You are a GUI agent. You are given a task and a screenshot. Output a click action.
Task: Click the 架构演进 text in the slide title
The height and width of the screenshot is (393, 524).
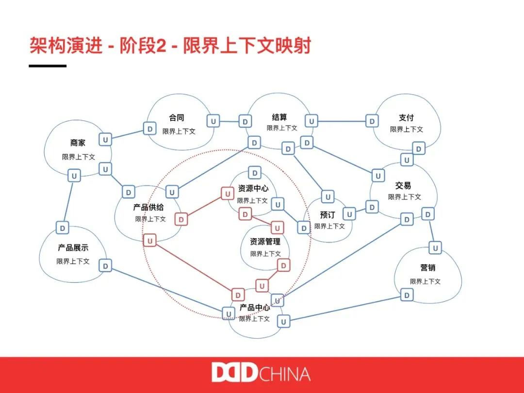[65, 46]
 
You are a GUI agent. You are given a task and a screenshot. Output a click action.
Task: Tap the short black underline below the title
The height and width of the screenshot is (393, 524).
[48, 65]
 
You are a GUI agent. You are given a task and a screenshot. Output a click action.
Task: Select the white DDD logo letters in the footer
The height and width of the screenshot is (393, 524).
[234, 373]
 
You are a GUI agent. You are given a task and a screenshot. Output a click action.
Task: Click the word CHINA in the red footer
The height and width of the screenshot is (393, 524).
[285, 374]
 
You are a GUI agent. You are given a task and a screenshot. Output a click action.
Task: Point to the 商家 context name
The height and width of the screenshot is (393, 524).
[78, 143]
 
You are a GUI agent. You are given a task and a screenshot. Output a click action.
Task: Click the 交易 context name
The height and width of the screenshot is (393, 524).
[403, 185]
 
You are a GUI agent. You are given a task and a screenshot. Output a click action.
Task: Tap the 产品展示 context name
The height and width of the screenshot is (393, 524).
[73, 248]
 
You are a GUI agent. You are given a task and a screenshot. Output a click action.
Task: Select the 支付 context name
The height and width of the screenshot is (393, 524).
[406, 118]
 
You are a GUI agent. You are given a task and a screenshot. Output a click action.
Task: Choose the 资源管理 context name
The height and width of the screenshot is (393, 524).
[265, 242]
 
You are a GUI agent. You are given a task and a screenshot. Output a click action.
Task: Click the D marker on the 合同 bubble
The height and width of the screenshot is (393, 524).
[150, 129]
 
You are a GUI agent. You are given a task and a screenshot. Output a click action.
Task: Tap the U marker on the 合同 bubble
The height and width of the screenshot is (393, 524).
[213, 120]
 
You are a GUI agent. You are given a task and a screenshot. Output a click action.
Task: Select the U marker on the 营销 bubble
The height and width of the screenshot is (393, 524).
[436, 248]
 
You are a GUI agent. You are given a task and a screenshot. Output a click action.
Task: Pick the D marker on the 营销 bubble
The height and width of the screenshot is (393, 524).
[407, 295]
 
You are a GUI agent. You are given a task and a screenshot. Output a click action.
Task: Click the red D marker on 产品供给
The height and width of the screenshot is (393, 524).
[181, 219]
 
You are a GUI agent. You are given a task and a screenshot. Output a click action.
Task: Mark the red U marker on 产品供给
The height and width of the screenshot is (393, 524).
[150, 241]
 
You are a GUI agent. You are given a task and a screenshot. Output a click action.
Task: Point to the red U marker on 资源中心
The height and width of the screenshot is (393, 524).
[227, 194]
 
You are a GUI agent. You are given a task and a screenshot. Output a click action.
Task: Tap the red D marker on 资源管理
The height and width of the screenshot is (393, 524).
[283, 265]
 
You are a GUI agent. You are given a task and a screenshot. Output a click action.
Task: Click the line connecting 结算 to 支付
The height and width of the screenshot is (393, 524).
[342, 121]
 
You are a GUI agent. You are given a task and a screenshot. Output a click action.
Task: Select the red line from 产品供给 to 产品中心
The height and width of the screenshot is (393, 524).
[194, 268]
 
